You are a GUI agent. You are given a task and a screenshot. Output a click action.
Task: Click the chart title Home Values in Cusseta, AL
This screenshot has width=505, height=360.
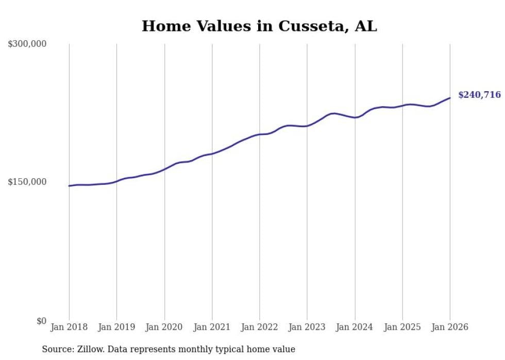click(x=259, y=26)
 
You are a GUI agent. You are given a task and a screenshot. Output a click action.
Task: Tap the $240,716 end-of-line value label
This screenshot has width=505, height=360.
click(x=479, y=95)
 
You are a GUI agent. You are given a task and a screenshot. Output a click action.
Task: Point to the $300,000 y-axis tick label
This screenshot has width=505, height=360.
click(x=27, y=44)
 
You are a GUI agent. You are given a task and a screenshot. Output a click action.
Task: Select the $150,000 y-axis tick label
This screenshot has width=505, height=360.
click(x=27, y=182)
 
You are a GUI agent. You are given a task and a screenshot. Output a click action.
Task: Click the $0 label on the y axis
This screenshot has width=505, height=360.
click(x=41, y=321)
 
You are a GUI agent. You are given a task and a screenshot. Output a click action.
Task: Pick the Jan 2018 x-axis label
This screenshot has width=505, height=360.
click(x=69, y=327)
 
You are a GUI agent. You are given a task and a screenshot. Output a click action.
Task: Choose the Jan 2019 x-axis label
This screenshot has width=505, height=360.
click(x=116, y=327)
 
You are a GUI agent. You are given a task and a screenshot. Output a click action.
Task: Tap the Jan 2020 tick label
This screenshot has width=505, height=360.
click(x=164, y=327)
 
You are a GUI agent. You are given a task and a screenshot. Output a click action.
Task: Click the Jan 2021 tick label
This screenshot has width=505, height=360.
click(x=212, y=327)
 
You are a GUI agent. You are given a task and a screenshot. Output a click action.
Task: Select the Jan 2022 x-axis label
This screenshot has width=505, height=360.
click(x=260, y=327)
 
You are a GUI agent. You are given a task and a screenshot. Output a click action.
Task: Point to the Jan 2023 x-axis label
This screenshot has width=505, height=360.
click(x=307, y=327)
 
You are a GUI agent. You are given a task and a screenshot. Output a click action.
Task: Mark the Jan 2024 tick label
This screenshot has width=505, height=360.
click(x=355, y=327)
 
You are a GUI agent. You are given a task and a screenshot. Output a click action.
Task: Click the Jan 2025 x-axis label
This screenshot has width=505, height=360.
click(x=402, y=327)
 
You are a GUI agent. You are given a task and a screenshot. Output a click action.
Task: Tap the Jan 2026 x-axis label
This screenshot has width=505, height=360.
click(x=450, y=327)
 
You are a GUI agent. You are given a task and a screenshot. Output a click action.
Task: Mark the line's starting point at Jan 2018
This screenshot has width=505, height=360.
click(x=69, y=186)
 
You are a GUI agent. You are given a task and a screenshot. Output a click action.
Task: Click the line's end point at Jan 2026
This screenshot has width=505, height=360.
click(x=450, y=98)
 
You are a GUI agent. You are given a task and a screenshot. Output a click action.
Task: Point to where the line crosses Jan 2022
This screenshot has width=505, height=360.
click(x=260, y=134)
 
